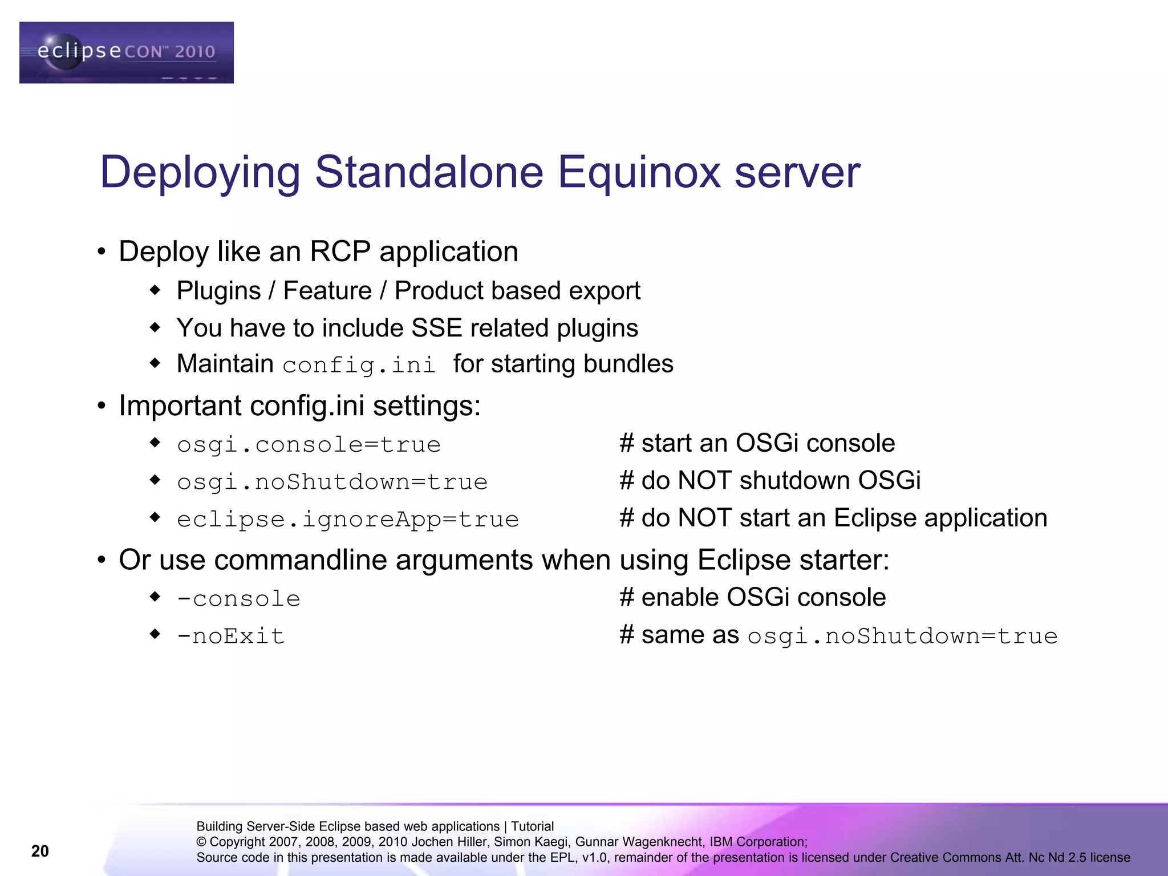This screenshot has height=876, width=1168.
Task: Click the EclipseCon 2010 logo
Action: (126, 52)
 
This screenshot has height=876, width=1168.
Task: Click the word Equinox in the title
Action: (639, 172)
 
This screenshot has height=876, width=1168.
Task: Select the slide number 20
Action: (40, 851)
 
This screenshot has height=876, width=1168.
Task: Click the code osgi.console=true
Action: (309, 444)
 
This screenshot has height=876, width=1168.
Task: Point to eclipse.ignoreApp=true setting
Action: (347, 519)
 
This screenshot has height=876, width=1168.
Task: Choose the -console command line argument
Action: (238, 598)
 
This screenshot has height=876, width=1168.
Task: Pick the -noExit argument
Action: (230, 635)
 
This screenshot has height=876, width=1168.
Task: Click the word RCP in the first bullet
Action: (340, 252)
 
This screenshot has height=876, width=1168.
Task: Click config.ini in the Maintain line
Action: (359, 365)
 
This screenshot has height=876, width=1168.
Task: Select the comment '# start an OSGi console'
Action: (757, 443)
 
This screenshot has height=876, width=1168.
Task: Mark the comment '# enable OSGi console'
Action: (752, 597)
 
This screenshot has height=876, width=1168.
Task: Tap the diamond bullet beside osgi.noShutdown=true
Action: (155, 480)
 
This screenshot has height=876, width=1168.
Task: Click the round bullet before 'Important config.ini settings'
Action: (102, 406)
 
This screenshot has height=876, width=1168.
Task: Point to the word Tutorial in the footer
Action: (532, 826)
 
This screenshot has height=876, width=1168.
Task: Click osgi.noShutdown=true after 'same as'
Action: (902, 636)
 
